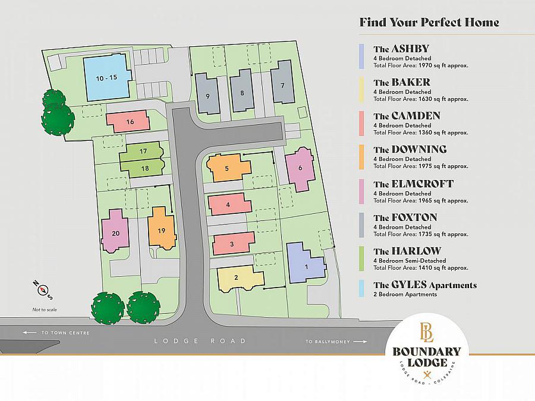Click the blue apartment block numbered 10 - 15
click(106, 78)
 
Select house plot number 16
click(129, 121)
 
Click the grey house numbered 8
click(242, 91)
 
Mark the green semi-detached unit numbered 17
click(143, 151)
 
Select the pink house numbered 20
click(115, 232)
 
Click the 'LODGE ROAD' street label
click(200, 341)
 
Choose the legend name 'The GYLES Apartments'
click(424, 285)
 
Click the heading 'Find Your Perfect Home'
click(429, 23)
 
